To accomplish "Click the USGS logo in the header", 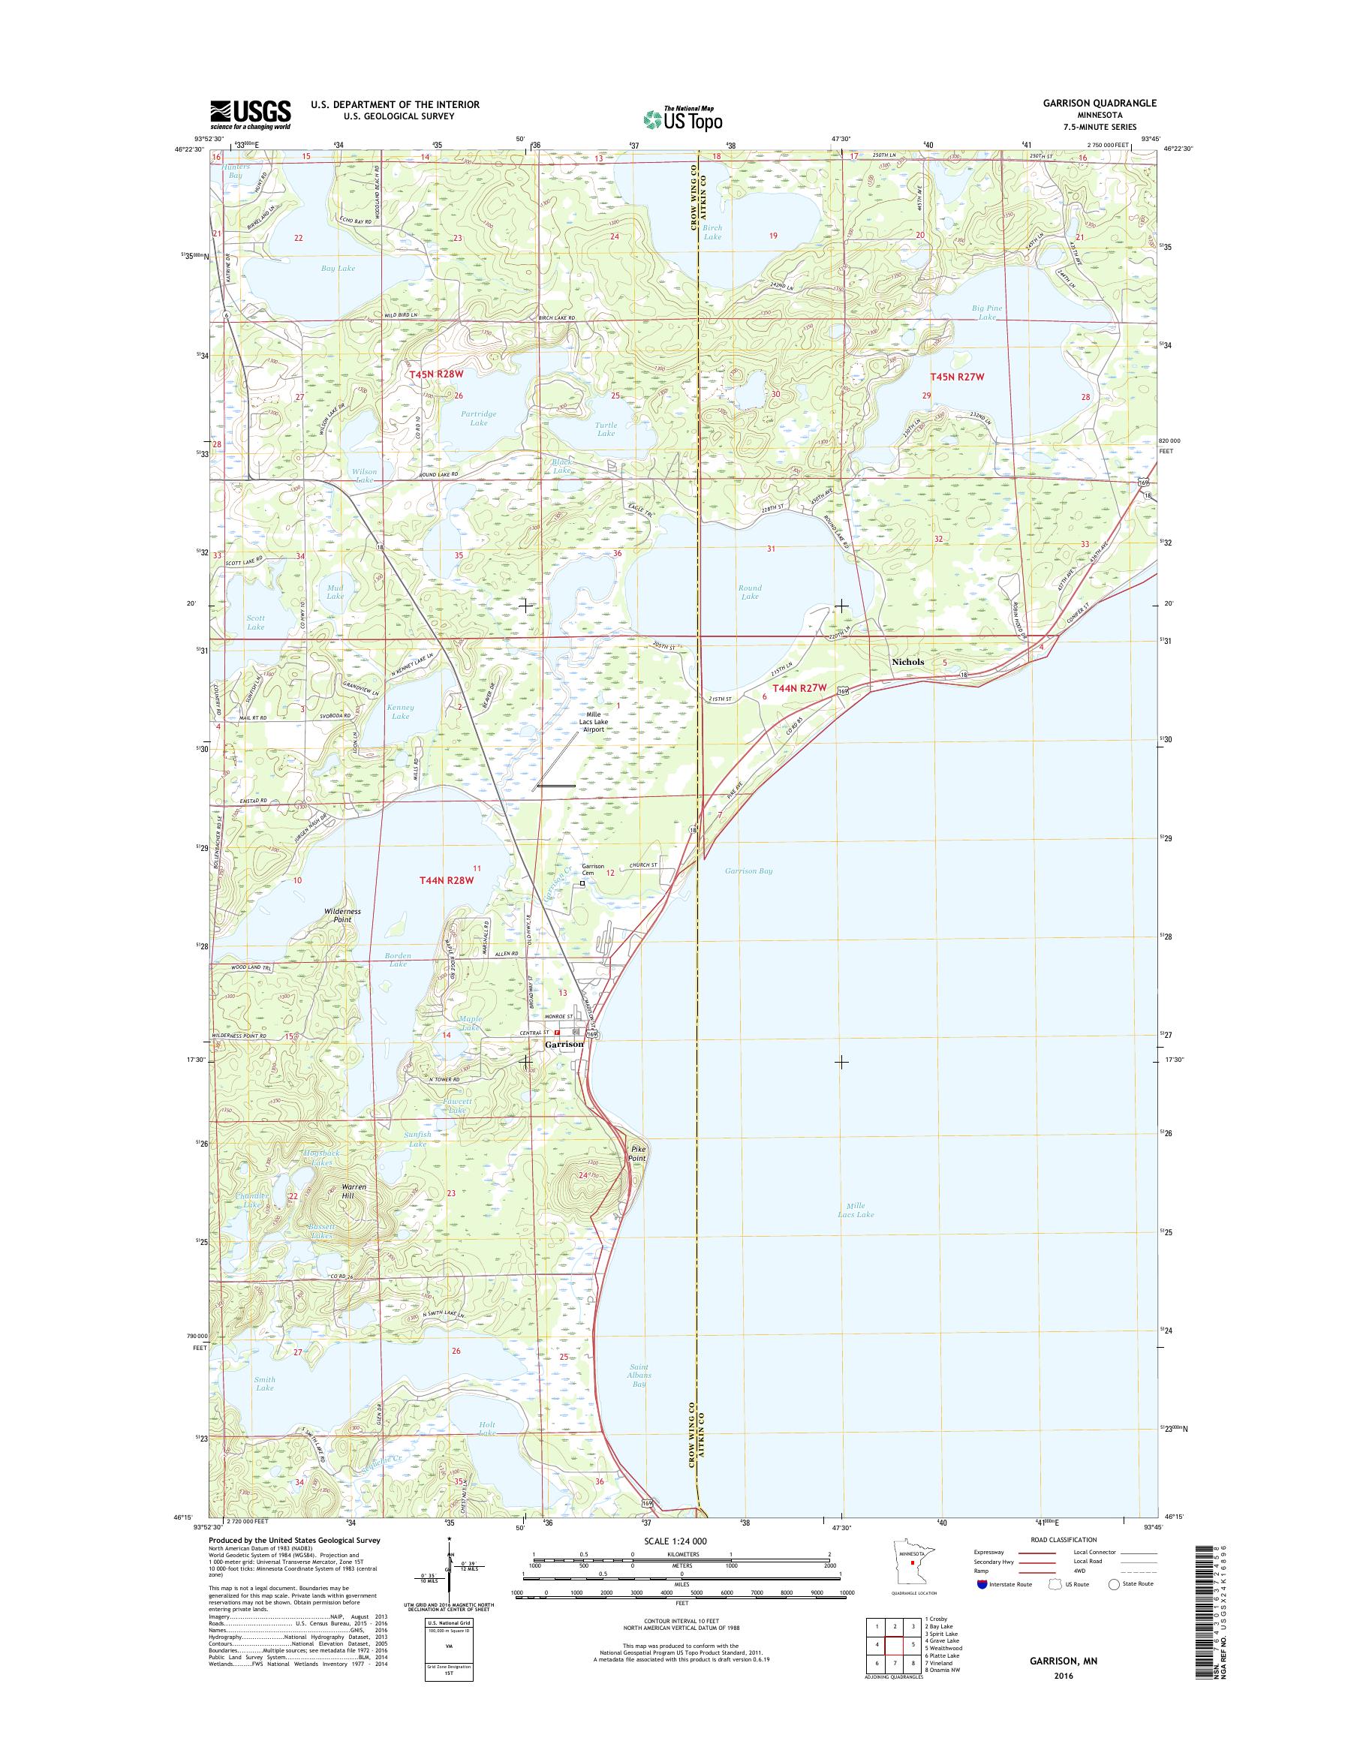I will [251, 114].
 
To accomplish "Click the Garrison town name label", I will [564, 1045].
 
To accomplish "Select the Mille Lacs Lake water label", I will [855, 1210].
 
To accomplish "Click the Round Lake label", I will [749, 592].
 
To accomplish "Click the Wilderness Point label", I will [342, 916].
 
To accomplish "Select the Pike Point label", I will [636, 1153].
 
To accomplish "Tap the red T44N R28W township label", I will [447, 880].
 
